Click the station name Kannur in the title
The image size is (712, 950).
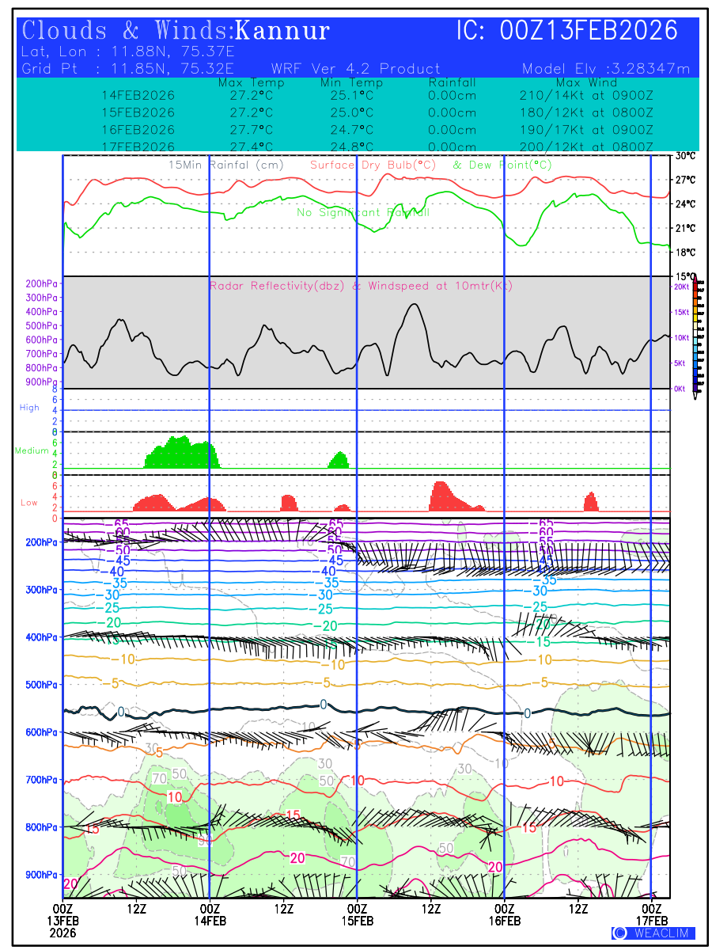[282, 31]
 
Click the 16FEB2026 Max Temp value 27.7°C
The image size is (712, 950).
[246, 130]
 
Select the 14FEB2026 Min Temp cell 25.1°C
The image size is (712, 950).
[351, 96]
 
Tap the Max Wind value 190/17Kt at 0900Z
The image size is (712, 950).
[586, 130]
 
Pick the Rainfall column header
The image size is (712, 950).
[452, 82]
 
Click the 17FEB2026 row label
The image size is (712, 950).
[138, 146]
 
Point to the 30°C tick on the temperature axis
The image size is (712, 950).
[685, 156]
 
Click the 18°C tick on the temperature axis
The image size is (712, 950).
[685, 253]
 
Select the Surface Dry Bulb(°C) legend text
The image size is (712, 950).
[373, 165]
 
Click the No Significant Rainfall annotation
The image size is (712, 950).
[363, 213]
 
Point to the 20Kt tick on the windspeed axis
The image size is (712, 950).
[680, 287]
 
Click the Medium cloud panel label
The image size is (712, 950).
[32, 451]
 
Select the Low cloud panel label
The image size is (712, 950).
[29, 503]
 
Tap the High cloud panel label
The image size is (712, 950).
[29, 408]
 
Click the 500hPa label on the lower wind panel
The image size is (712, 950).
[40, 685]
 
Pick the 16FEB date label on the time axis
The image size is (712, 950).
[505, 921]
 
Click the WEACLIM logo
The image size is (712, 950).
[653, 933]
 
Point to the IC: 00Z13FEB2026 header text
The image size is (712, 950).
[567, 31]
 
